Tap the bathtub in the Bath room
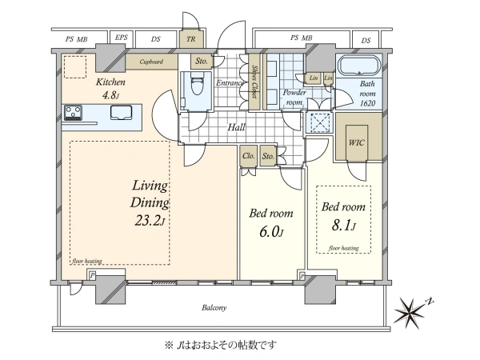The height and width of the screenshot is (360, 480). pos(358,66)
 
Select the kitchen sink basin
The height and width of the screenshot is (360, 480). pos(122,112)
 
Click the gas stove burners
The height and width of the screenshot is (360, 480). pos(73,113)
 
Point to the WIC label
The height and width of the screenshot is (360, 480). pos(356,142)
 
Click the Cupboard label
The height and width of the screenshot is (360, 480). pos(151,62)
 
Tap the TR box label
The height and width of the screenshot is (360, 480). pos(191,39)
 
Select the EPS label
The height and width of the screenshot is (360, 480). pos(122,38)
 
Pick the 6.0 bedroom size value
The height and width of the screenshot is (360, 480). pos(269,232)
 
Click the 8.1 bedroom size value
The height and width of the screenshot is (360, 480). pos(342,226)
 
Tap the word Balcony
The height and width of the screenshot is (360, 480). pos(214,308)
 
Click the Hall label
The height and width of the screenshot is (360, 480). pos(236,127)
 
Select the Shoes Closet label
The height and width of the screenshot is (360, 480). pos(254,81)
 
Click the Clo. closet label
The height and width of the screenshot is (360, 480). pos(248,156)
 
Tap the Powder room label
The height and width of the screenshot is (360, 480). pos(294,97)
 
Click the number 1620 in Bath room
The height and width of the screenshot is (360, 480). pos(367,103)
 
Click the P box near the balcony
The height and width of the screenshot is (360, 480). pos(92,276)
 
